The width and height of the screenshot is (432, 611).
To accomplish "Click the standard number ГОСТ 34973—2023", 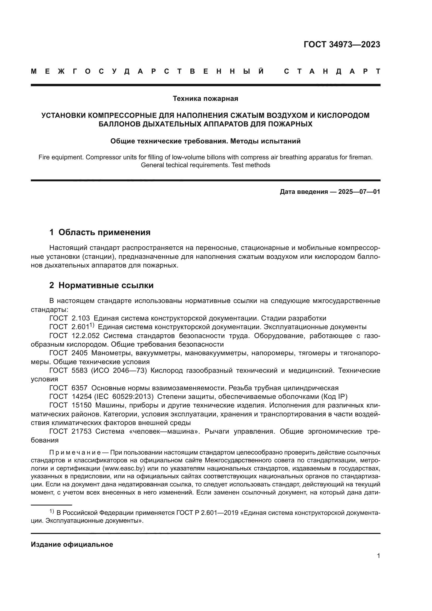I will point(342,44).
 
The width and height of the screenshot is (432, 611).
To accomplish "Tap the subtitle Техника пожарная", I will point(205,99).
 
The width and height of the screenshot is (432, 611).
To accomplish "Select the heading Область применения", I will point(104,232).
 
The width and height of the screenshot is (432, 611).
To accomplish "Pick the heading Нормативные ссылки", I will point(106,285).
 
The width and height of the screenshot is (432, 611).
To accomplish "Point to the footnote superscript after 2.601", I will point(92,325).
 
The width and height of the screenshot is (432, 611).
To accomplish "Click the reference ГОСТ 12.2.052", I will point(74,336).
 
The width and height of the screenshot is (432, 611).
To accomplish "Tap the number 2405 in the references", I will point(80,353).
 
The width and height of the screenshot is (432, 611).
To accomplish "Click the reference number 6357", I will point(80,388).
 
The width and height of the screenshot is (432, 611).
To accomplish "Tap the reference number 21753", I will point(81,431).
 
